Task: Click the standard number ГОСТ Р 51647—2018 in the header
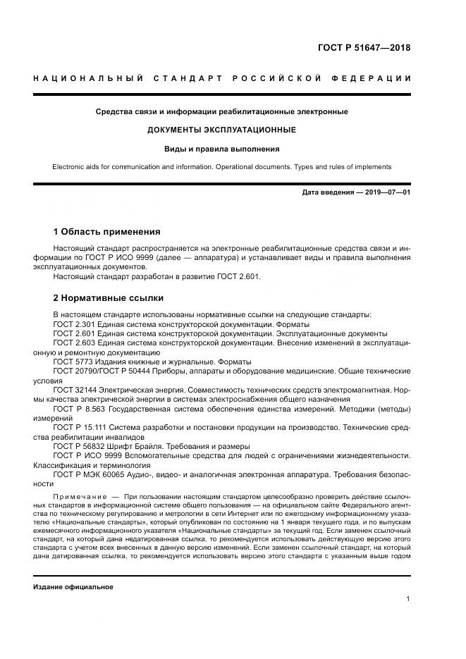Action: (374, 48)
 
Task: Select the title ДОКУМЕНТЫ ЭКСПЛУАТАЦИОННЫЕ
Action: (221, 130)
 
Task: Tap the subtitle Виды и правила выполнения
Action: (221, 149)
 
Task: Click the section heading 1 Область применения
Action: (106, 232)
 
